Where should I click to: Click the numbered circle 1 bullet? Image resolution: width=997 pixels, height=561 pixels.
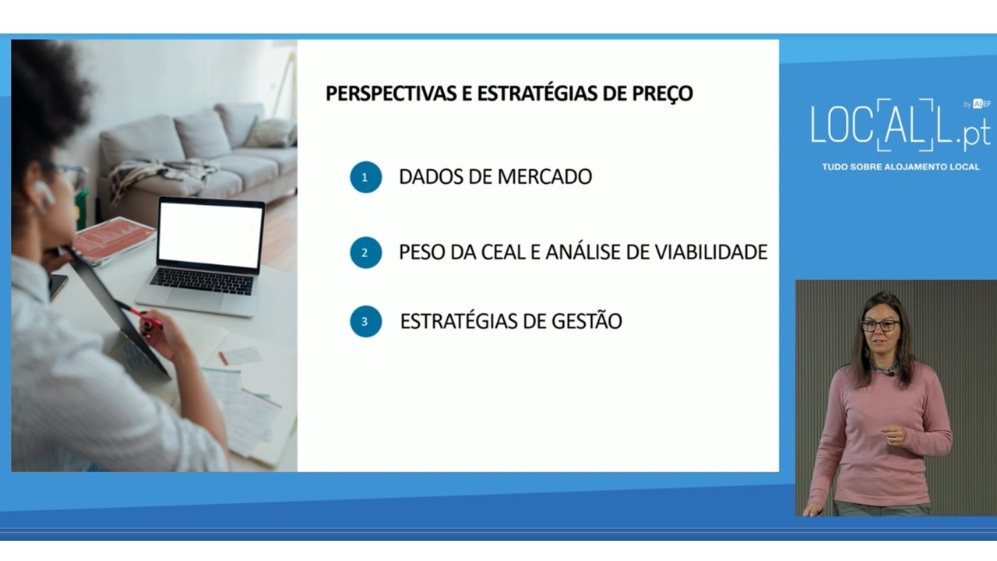(x=365, y=177)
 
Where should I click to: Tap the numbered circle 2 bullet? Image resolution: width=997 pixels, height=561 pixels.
(x=365, y=252)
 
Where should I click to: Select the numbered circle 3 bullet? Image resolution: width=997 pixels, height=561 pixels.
(x=365, y=321)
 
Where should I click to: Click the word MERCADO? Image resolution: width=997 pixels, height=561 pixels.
(x=544, y=177)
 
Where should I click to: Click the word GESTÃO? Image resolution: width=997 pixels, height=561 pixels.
(x=587, y=320)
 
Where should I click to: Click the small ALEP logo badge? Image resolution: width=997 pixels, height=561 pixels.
(x=981, y=104)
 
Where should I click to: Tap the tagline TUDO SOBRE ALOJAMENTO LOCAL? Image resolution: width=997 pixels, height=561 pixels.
(x=900, y=167)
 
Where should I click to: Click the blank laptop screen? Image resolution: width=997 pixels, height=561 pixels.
(x=210, y=235)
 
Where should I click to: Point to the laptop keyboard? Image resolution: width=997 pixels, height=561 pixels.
(x=202, y=281)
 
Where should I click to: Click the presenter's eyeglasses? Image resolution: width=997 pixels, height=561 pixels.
(x=880, y=326)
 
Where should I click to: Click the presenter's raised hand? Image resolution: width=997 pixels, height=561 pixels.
(x=893, y=435)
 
